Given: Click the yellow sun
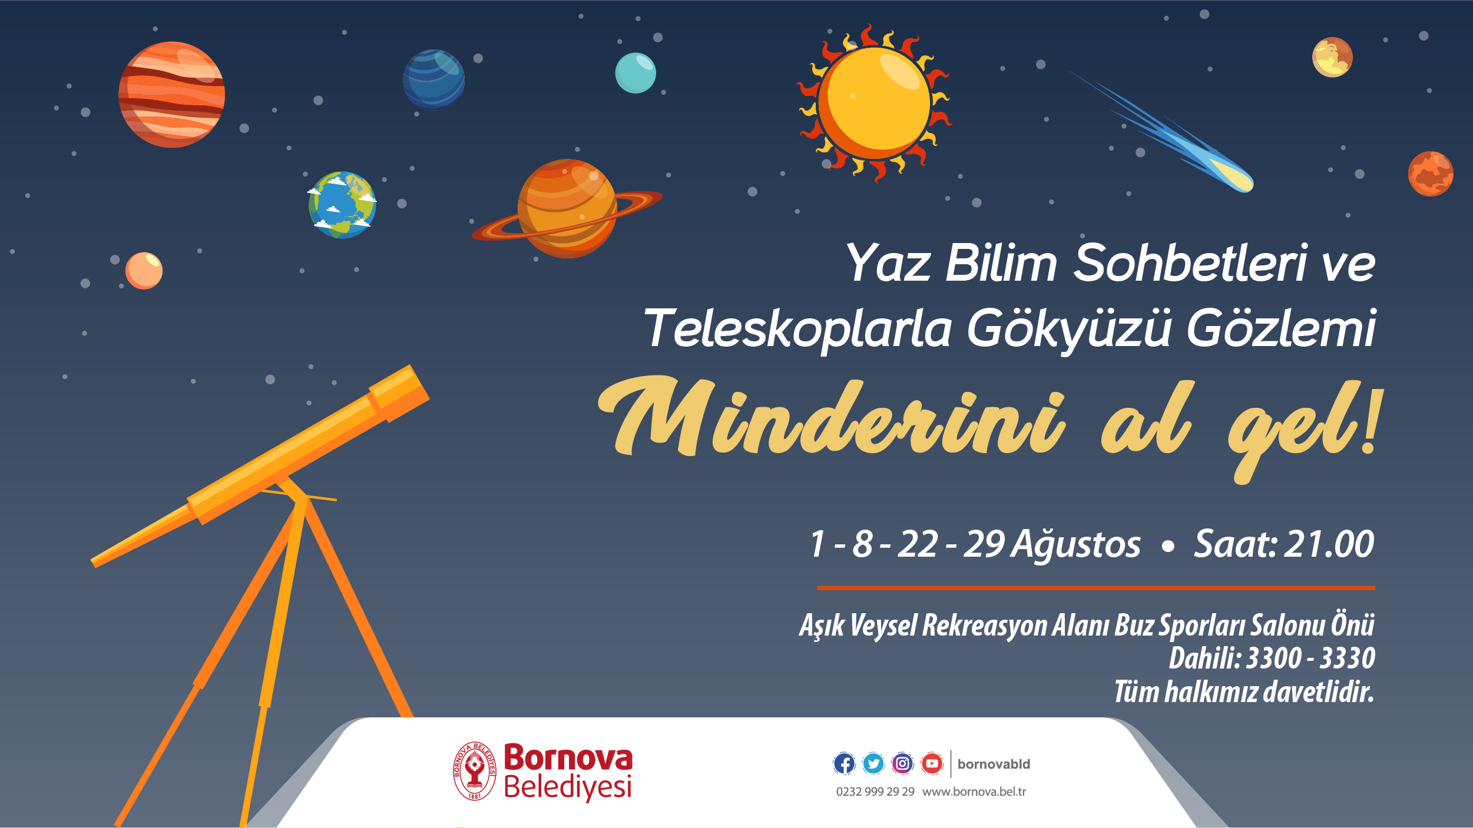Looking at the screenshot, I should pos(874,103).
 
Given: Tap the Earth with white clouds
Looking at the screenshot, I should pos(342,205).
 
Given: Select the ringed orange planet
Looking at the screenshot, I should pos(567,208).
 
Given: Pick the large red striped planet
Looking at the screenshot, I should pos(171,94).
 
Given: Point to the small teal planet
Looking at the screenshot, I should pos(635,73).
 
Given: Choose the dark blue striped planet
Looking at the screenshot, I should pos(433,79).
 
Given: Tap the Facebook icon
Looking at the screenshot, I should pos(844,764).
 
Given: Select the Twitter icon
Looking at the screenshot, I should pos(873,764).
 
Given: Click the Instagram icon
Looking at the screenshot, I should pos(902,764).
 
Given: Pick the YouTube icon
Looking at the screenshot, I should pos(932,764).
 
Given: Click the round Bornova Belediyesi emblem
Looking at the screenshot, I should pos(474,771).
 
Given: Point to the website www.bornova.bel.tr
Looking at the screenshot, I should pos(974,792).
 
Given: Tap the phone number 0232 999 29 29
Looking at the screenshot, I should pos(875,792).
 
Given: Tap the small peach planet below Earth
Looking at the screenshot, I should pos(144,271).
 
